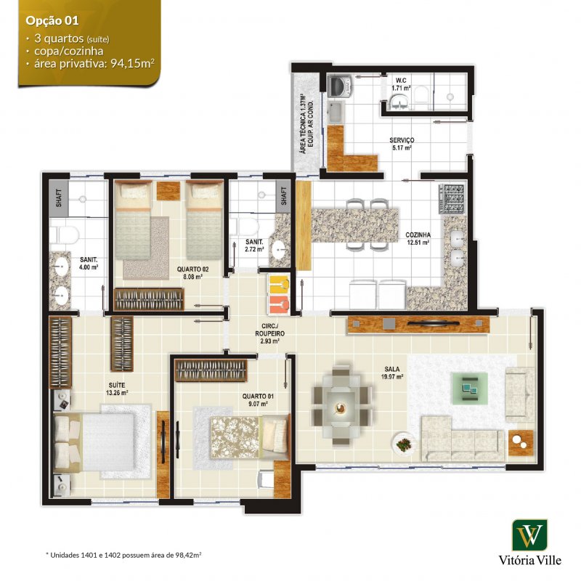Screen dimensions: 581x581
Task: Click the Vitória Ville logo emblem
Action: [x=529, y=535]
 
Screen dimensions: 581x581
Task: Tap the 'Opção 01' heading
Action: [x=52, y=21]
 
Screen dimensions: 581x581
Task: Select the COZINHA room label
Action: [x=418, y=235]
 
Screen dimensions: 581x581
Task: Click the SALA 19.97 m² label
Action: [x=392, y=373]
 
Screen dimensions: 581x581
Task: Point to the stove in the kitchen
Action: [x=452, y=199]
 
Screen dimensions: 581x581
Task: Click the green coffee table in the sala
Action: [x=469, y=389]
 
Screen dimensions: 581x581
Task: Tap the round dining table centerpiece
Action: [x=339, y=407]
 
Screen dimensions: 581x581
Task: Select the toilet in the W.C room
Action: [x=421, y=95]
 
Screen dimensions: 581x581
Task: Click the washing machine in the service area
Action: [x=339, y=87]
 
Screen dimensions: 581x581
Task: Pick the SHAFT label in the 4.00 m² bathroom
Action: [x=59, y=198]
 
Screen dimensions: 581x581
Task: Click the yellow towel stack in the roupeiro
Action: [x=280, y=284]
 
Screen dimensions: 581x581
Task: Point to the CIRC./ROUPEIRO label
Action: [x=270, y=333]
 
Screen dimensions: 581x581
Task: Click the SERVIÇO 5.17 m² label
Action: [x=402, y=144]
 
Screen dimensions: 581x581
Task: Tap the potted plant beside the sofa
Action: [x=403, y=444]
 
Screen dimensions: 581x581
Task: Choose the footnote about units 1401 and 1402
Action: [x=123, y=555]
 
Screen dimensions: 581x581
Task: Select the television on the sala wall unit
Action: [x=434, y=323]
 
